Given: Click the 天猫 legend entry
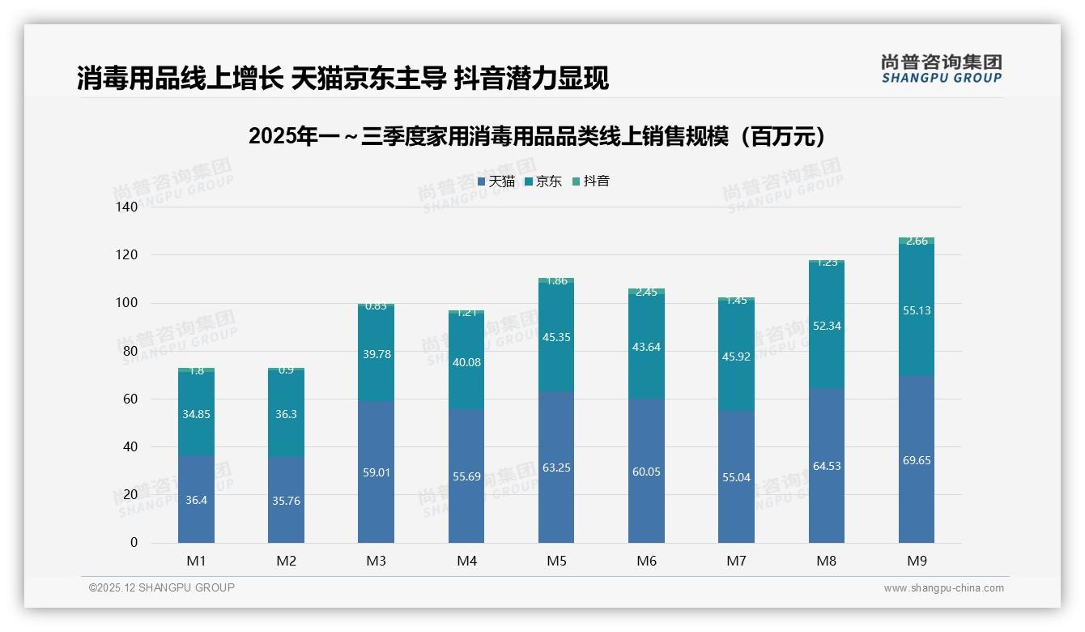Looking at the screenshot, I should (x=496, y=181).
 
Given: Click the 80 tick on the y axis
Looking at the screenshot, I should (x=131, y=351).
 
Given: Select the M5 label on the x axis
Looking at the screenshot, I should (x=556, y=561).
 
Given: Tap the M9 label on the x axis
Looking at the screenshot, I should (x=916, y=561).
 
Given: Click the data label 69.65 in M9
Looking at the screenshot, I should (x=916, y=460).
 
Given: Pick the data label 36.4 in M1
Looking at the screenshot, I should (x=196, y=500).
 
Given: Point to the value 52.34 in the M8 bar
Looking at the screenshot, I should (x=826, y=326).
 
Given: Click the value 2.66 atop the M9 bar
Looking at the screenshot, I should (x=917, y=241).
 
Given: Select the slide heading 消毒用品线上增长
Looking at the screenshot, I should (x=343, y=78).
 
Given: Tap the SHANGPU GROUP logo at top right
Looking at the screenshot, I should (x=941, y=68).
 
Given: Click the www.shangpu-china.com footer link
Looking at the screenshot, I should (x=943, y=588).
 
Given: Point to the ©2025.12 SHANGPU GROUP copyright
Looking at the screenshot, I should (x=162, y=587).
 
